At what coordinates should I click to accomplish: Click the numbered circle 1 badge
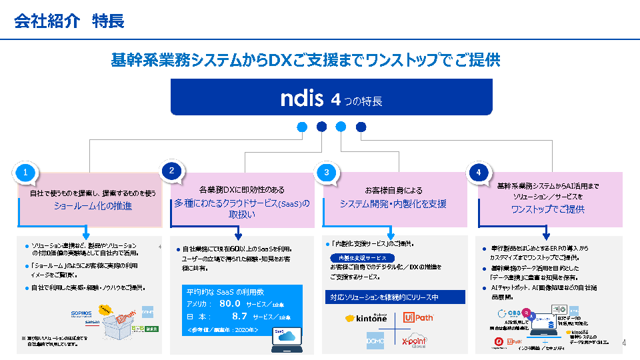click(x=25, y=172)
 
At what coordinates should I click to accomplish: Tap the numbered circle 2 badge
click(x=171, y=171)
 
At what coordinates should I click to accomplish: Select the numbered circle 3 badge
click(x=327, y=172)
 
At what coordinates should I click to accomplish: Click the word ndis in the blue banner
click(x=302, y=98)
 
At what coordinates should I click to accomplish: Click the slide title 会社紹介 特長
click(x=69, y=21)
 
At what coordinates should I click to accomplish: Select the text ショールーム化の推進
click(x=93, y=206)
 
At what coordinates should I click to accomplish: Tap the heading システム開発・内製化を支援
click(x=393, y=204)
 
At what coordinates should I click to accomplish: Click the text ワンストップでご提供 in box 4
click(x=547, y=209)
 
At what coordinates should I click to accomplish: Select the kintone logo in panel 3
click(x=366, y=319)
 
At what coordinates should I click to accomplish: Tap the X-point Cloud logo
click(x=415, y=341)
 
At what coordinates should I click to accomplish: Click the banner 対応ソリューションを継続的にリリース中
click(x=385, y=297)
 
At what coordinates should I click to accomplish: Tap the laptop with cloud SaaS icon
click(x=286, y=339)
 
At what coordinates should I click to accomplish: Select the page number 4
click(x=624, y=343)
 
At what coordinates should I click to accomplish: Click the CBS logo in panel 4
click(x=513, y=313)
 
